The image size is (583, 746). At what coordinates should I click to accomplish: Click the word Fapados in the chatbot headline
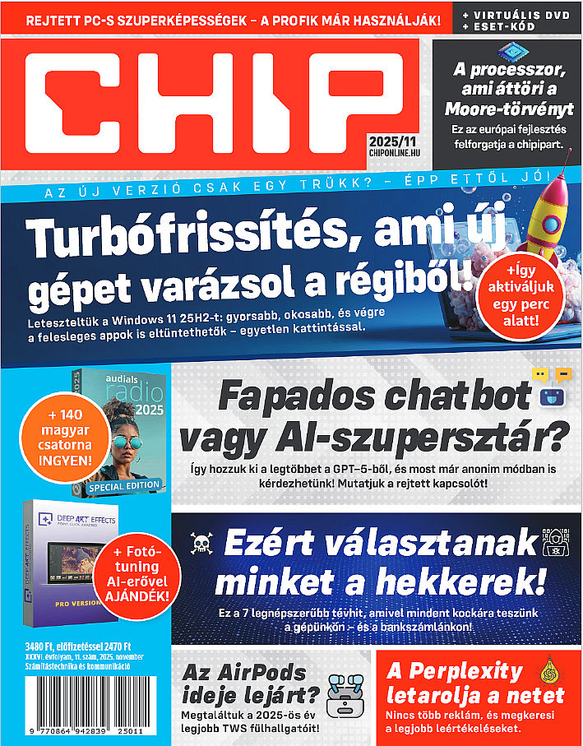click(x=280, y=399)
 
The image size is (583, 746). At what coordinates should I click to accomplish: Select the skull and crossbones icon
click(x=200, y=542)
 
